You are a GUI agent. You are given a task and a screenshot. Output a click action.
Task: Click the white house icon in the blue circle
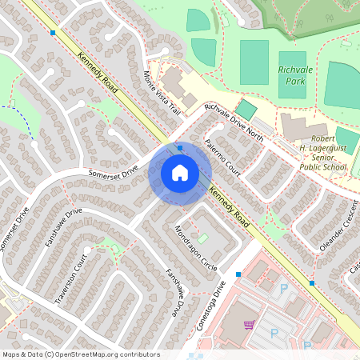pos(180,172)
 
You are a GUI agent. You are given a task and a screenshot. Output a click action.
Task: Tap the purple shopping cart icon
pos(249,325)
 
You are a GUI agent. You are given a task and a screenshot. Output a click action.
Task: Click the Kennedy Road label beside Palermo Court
pos(230,206)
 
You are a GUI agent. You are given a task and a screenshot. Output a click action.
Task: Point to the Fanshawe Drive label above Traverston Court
pos(64,227)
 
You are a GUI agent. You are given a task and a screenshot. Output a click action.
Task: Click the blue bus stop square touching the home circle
pos(181,147)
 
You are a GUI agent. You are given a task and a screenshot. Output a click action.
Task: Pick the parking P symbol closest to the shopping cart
pos(274,332)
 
